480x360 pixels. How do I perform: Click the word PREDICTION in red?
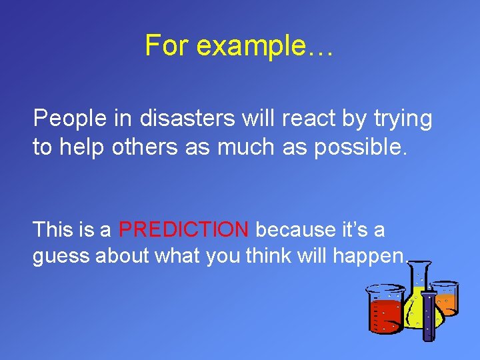pos(183,230)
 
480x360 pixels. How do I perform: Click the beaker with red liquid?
pos(385,310)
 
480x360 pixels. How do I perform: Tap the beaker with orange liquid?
pos(444,297)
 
